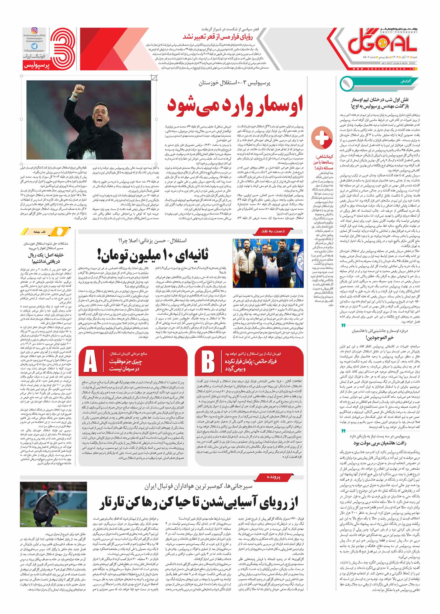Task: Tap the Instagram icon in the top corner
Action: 34,31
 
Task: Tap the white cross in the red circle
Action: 322,137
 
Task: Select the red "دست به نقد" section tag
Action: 273,231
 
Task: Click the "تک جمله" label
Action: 40,232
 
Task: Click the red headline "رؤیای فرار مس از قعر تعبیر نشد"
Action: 220,36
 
